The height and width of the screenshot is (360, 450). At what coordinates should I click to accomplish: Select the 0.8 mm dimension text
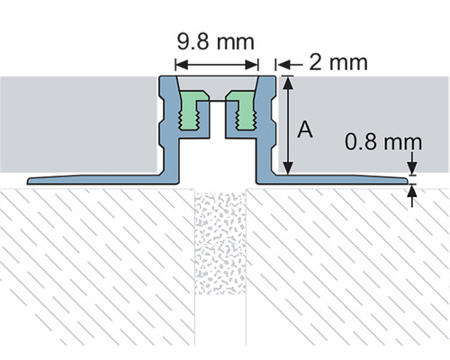373,141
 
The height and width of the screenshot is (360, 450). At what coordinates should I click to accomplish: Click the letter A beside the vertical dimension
305,130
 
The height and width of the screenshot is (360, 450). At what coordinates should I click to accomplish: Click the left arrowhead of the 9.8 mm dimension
179,64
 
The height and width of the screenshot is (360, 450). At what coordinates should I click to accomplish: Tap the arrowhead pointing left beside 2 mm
280,64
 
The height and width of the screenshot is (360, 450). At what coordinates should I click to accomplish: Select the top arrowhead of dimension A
288,82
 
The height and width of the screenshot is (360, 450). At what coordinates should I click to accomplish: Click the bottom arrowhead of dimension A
288,171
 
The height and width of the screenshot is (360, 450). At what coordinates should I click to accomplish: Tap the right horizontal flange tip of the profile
410,182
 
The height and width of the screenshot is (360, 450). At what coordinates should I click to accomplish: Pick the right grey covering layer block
360,108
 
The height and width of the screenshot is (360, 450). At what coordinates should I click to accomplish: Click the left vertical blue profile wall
167,126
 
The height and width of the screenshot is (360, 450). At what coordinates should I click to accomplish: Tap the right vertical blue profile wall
266,126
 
